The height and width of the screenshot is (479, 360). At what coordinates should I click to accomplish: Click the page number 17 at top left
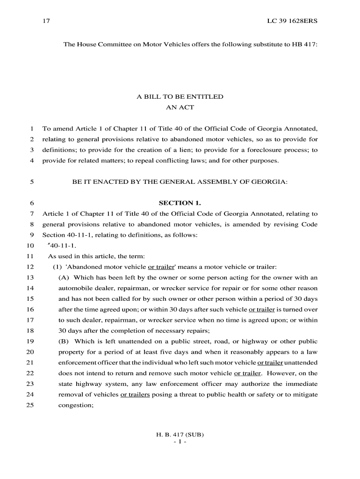pos(46,21)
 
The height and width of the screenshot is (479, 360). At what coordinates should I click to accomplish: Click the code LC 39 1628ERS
pos(292,21)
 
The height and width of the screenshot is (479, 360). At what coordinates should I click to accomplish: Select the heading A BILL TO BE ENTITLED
pos(180,97)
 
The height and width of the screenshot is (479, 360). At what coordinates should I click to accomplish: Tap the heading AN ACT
pos(180,107)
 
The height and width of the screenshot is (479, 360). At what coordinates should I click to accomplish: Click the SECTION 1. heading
pos(180,203)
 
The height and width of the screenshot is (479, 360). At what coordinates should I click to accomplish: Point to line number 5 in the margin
pos(31,181)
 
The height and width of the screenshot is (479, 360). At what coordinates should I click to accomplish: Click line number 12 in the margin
pos(30,267)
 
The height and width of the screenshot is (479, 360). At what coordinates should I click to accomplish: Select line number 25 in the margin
pos(30,406)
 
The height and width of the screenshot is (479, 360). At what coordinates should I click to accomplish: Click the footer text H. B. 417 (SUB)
pos(180,435)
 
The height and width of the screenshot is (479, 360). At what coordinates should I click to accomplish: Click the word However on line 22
pos(279,373)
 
